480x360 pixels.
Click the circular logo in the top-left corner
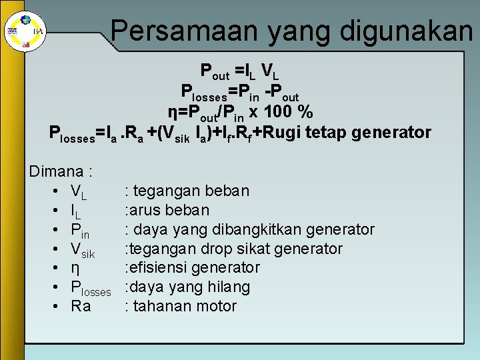point(13,31)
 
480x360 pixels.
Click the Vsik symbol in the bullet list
point(83,250)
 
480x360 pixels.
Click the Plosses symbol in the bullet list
point(91,288)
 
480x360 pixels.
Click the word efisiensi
point(160,268)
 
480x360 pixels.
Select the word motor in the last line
point(216,307)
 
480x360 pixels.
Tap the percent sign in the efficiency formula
point(306,111)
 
